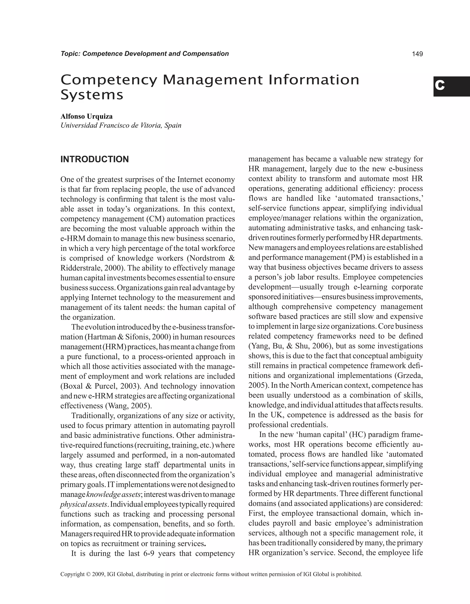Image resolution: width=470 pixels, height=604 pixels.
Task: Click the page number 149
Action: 417,54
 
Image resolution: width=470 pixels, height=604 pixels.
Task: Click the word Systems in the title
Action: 92,95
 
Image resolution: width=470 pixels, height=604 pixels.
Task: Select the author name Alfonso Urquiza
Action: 87,117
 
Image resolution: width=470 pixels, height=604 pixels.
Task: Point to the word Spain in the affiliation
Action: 173,125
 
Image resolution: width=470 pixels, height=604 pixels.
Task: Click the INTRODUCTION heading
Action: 95,159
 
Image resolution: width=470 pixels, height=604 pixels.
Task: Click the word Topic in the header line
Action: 70,54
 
